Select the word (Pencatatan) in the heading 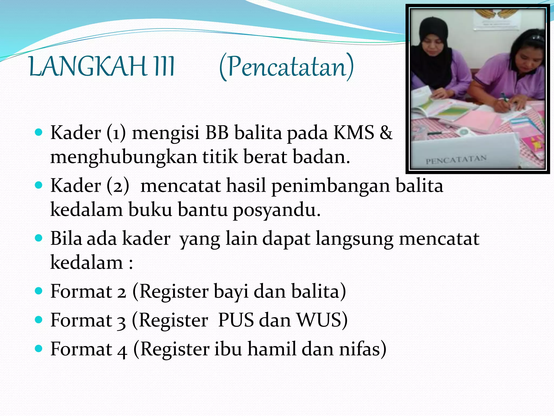pyautogui.click(x=286, y=67)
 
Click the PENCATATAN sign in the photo pyautogui.click(x=456, y=160)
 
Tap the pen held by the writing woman pyautogui.click(x=505, y=99)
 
